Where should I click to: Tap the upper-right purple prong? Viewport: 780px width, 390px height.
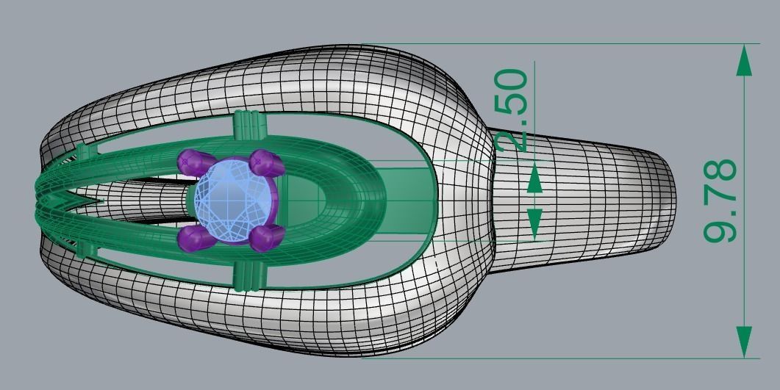pyautogui.click(x=266, y=163)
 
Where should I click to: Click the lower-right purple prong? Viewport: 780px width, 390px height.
pyautogui.click(x=266, y=237)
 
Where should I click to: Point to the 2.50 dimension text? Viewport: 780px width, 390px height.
pyautogui.click(x=512, y=110)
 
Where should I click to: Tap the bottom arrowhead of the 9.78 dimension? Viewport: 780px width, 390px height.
pyautogui.click(x=744, y=342)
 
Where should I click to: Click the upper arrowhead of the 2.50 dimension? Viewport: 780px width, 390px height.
pyautogui.click(x=534, y=178)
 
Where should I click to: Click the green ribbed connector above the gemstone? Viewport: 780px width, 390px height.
pyautogui.click(x=248, y=126)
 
